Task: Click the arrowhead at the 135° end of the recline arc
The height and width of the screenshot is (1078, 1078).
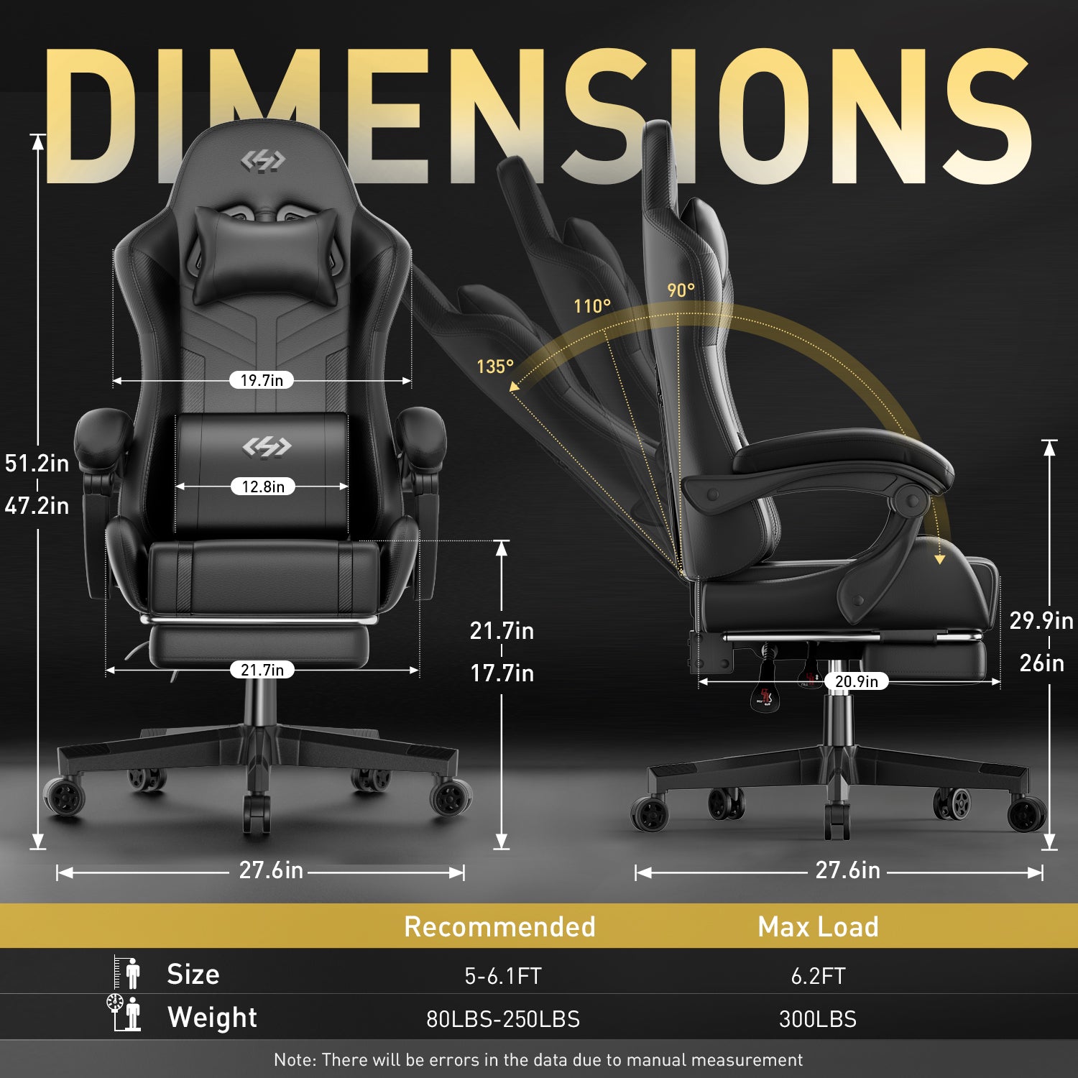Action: pos(514,387)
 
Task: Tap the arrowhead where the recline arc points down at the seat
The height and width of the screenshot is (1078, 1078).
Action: pos(939,558)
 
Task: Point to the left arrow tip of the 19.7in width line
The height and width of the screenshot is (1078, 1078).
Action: pos(114,381)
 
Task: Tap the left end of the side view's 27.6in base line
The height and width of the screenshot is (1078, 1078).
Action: pos(637,872)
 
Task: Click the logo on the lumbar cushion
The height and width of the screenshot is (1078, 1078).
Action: pos(267,447)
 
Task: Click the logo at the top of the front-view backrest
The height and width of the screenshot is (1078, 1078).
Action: pos(263,161)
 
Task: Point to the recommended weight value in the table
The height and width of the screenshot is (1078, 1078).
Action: pos(503,1019)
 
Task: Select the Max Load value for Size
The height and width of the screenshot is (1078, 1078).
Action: pos(818,976)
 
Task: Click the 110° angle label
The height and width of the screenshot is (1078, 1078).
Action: pos(592,306)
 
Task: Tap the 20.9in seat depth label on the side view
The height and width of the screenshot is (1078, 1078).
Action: pos(856,681)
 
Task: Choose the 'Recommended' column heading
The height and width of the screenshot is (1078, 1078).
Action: pos(499,926)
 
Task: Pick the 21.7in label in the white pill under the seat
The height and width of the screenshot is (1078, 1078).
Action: pos(262,670)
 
